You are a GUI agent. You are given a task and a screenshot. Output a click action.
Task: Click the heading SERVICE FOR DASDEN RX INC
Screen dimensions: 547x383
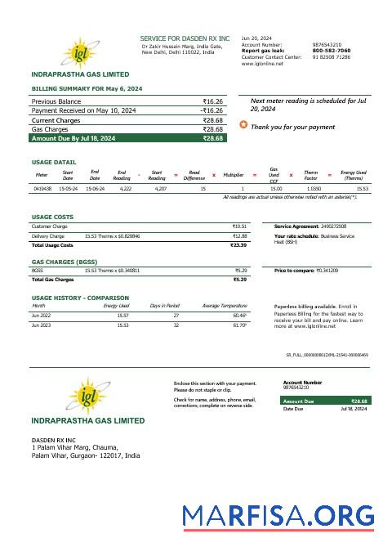pyautogui.click(x=185, y=38)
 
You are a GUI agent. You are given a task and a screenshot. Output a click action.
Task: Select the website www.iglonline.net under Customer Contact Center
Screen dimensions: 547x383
pyautogui.click(x=262, y=64)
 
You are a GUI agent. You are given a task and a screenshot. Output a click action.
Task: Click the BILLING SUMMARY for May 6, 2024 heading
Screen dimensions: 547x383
pyautogui.click(x=87, y=87)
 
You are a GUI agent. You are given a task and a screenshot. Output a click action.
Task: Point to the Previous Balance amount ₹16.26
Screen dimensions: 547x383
pyautogui.click(x=212, y=101)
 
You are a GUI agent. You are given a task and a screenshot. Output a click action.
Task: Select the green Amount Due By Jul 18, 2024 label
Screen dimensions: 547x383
pyautogui.click(x=73, y=138)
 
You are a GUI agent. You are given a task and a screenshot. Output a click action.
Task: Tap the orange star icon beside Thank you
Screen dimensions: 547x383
pyautogui.click(x=243, y=125)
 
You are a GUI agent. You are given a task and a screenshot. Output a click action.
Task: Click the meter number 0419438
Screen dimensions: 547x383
pyautogui.click(x=42, y=188)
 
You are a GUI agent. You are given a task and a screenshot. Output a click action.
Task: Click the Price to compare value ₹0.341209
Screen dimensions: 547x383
pyautogui.click(x=327, y=270)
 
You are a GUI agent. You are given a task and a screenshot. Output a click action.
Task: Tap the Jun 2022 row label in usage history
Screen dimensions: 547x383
pyautogui.click(x=40, y=315)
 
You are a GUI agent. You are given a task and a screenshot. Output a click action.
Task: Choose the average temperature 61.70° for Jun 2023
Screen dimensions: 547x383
pyautogui.click(x=239, y=325)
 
